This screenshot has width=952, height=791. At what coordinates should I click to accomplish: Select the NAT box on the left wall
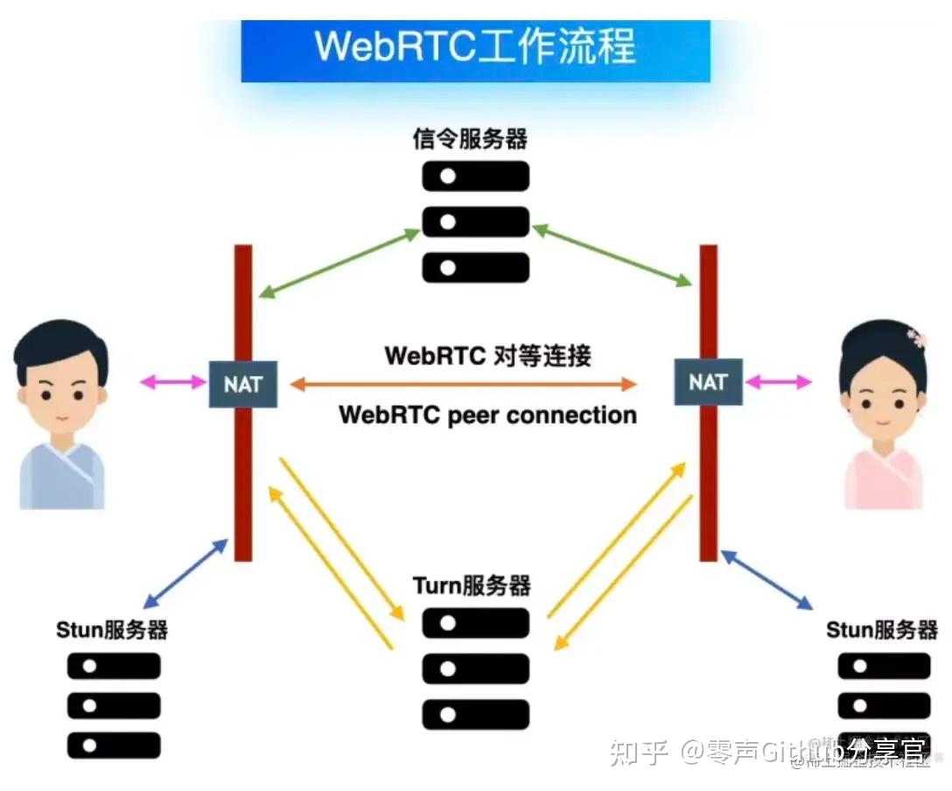click(243, 383)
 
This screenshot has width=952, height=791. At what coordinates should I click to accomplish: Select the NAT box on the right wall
click(708, 381)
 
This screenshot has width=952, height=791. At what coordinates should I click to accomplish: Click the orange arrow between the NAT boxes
click(464, 383)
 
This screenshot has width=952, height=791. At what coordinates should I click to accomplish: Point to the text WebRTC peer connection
click(487, 414)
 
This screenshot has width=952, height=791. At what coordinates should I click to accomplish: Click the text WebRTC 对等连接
click(487, 356)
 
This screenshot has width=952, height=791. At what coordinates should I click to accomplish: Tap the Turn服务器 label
click(472, 584)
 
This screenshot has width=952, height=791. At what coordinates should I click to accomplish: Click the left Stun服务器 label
click(112, 629)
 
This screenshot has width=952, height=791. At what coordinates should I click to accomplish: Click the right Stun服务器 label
click(882, 629)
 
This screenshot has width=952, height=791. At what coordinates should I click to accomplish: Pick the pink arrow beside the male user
click(172, 382)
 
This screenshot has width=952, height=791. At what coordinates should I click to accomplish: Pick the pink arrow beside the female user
click(778, 381)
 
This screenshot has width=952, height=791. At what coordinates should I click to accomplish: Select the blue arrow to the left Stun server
click(185, 574)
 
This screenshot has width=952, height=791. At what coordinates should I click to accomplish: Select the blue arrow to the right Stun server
click(766, 580)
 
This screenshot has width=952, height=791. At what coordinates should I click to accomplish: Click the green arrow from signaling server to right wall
click(612, 255)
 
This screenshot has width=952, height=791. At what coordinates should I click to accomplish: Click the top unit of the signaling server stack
click(475, 176)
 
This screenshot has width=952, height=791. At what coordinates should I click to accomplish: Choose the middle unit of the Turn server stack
click(475, 668)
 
